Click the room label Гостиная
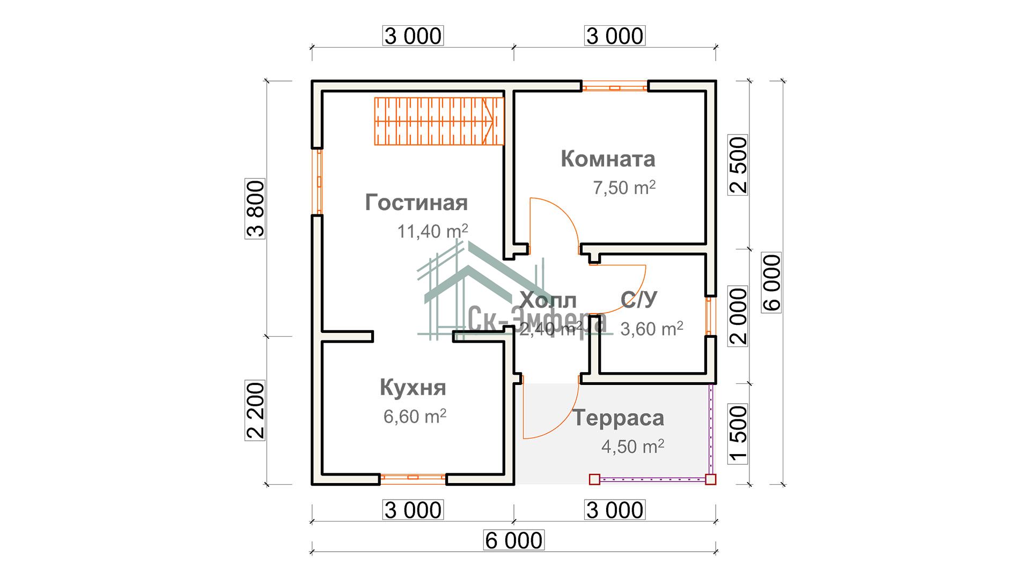tap(416, 203)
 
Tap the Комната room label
tap(608, 159)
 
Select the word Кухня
tap(413, 387)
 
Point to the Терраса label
tap(619, 418)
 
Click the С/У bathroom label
tap(638, 300)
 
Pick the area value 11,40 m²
tap(432, 231)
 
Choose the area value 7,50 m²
tap(624, 188)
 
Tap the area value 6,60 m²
tap(415, 416)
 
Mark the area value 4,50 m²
tap(633, 446)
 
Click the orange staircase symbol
tap(439, 121)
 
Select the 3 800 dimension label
tap(255, 209)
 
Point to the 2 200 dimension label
tap(255, 410)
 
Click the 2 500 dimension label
tap(738, 165)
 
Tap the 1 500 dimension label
tap(738, 434)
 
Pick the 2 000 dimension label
tap(738, 316)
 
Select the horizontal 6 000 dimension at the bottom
tap(513, 540)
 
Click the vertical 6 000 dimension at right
tap(771, 283)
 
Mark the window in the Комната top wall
tap(615, 86)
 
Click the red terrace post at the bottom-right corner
tap(710, 479)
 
